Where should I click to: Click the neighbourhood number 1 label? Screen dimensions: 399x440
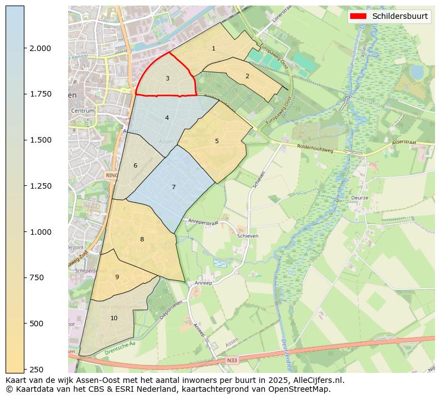[213, 49]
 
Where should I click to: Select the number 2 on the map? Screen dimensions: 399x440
[247, 76]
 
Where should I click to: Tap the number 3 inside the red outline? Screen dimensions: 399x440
[167, 79]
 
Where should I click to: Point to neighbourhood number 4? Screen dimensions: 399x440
[167, 118]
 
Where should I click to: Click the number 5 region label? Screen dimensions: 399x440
[217, 141]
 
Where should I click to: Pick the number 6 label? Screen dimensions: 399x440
[135, 165]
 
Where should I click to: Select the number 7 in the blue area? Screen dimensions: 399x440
[173, 187]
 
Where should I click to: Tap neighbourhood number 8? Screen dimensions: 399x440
[142, 239]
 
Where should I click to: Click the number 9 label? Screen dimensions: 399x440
[117, 277]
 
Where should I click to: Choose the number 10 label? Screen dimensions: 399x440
[114, 318]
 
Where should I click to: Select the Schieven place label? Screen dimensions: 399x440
[248, 236]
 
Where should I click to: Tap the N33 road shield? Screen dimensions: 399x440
[232, 360]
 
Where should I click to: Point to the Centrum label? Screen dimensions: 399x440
[83, 111]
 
